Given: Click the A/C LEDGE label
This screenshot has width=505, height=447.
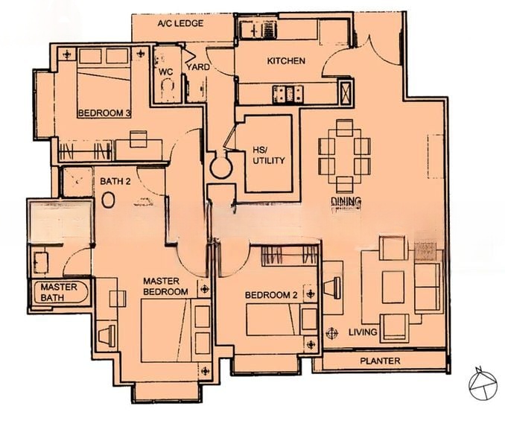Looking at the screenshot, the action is point(180,23).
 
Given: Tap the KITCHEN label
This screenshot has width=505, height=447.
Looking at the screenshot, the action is point(286,60).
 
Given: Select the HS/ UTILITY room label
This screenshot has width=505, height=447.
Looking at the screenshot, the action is point(269,155).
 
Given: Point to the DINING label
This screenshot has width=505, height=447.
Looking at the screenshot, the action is point(346,202).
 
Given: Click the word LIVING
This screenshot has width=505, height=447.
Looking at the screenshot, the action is point(363,332).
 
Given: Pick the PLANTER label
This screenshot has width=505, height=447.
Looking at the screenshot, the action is point(380,361).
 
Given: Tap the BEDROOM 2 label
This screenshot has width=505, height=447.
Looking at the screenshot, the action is point(271,295).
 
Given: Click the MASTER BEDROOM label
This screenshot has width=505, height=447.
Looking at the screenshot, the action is point(165,286).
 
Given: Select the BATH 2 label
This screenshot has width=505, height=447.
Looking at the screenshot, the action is point(115,181).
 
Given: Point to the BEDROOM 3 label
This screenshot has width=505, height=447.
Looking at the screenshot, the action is point(105,113).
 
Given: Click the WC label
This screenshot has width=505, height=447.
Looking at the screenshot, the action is point(166,72).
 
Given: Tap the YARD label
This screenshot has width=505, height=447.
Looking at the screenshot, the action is point(197,67).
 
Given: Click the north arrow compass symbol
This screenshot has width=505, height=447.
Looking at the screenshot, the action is point(483,383).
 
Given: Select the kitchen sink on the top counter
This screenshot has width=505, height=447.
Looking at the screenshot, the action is point(257,30).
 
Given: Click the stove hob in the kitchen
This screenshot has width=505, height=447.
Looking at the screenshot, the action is point(288,94).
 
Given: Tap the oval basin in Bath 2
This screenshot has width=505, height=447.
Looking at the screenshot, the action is point(108,200).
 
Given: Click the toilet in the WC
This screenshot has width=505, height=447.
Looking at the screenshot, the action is point(167,89).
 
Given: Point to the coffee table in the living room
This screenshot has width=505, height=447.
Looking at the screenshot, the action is point(393,287).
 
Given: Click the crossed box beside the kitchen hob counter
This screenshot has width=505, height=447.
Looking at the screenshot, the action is point(346,92).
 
